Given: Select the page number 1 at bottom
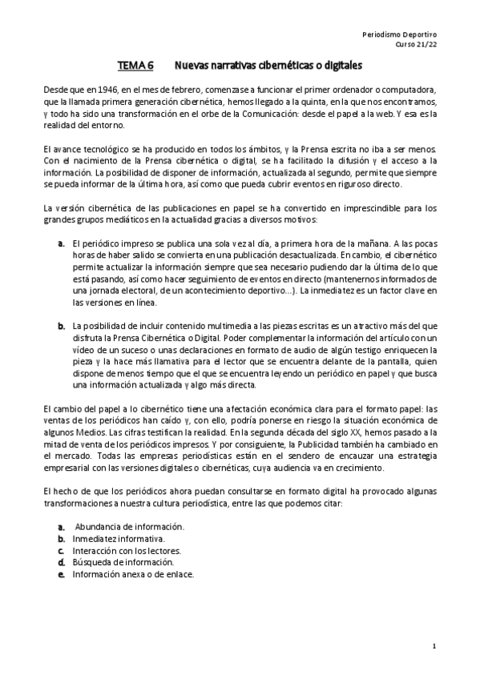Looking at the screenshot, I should tap(434, 645).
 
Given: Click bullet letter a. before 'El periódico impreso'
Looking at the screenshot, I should tap(61, 243).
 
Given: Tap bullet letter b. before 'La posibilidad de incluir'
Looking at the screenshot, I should tap(61, 326).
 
